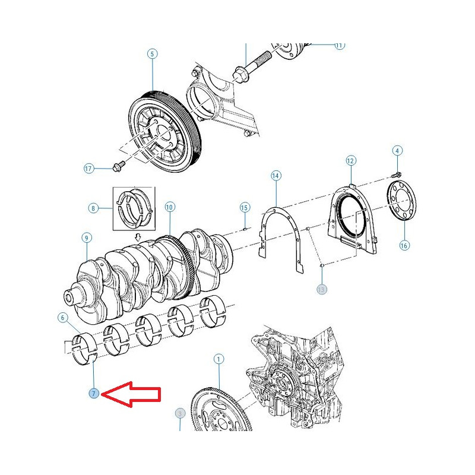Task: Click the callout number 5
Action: (152, 54)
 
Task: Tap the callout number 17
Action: (88, 169)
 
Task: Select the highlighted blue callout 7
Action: (94, 394)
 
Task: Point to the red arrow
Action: (131, 394)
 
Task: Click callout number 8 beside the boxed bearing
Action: (93, 208)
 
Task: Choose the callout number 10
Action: (170, 207)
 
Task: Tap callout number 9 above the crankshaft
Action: (87, 238)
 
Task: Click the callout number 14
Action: (275, 176)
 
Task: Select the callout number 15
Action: (245, 207)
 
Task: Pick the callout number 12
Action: (350, 160)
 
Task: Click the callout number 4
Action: (397, 151)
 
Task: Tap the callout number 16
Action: (404, 245)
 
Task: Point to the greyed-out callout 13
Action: (321, 290)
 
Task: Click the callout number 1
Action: (218, 359)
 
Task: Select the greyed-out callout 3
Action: (180, 413)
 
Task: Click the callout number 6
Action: (63, 318)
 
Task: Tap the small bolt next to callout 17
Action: (118, 167)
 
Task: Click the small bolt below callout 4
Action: (396, 175)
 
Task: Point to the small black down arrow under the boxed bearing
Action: (138, 236)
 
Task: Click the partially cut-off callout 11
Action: (339, 46)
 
